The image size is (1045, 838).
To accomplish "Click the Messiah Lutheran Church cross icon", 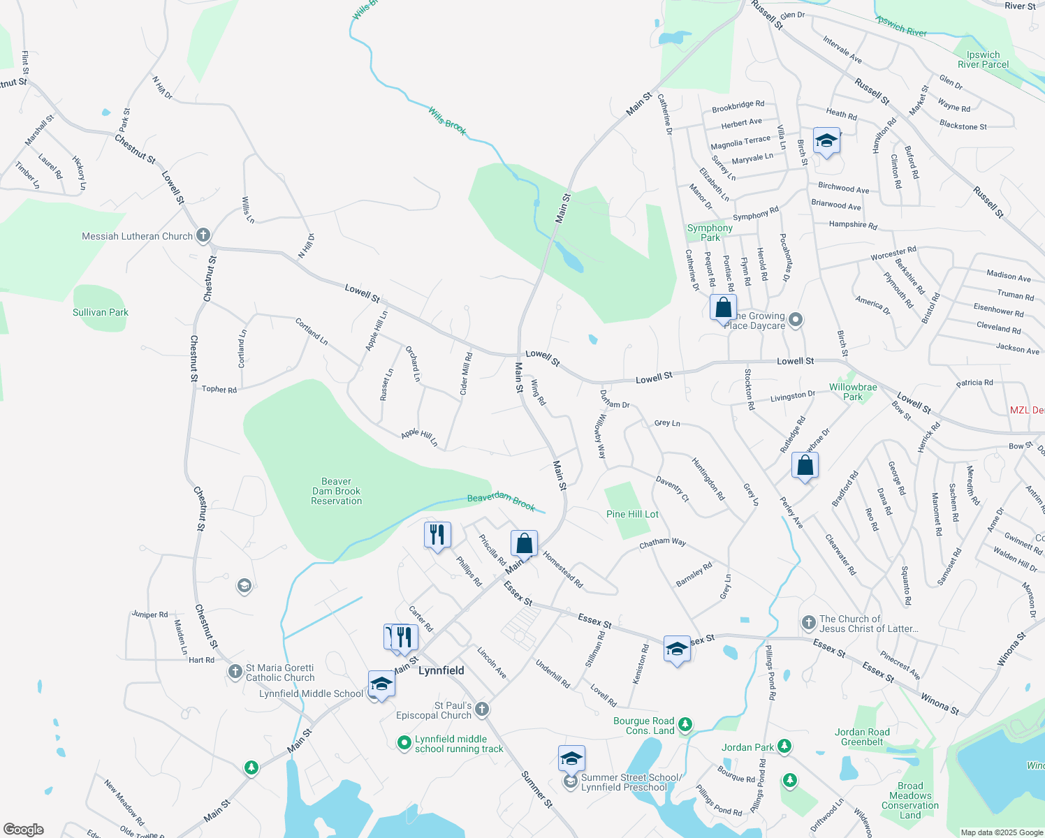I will [203, 235].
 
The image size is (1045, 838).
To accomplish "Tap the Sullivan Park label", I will [101, 312].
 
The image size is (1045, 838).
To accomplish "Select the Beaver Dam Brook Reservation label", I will [337, 491].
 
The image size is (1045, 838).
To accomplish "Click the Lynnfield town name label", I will [441, 670].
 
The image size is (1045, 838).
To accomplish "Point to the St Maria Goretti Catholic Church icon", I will [235, 672].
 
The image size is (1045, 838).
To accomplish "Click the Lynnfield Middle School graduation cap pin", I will [381, 684].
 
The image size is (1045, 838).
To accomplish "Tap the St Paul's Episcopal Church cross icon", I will [482, 710].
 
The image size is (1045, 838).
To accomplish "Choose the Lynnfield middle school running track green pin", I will [404, 743].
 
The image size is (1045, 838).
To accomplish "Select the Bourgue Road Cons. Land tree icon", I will [685, 724].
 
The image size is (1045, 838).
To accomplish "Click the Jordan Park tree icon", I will [784, 747].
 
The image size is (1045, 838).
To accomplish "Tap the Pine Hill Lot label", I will [632, 514].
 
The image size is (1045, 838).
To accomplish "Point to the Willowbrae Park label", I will [853, 392].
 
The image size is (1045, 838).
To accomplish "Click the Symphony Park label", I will [710, 233].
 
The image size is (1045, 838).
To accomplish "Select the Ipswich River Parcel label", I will [983, 59].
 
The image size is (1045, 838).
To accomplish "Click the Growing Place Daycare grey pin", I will [796, 320].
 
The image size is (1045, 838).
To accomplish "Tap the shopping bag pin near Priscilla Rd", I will [524, 543].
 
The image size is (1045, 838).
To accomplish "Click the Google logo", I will [24, 829].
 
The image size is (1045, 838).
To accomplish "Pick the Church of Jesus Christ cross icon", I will [808, 622].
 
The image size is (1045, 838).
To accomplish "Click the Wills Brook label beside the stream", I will [447, 121].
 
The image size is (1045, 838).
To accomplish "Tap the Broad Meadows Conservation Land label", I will [910, 800].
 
